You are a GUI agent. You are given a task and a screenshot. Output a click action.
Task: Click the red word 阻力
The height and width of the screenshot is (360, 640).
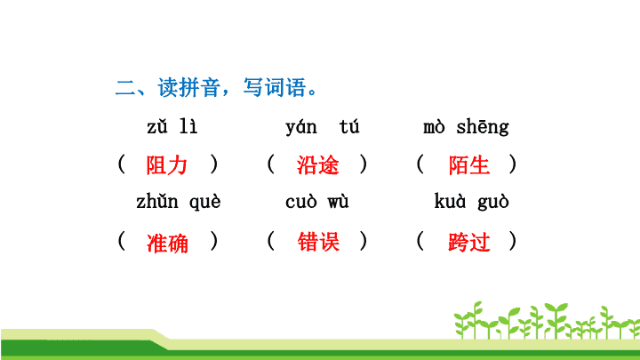point(166,165)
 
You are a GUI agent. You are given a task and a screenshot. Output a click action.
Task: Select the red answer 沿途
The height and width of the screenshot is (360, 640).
point(317,165)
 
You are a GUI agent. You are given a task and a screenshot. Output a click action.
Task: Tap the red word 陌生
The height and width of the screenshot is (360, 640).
point(469,165)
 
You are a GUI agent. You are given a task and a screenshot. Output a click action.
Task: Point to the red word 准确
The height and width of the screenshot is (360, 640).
point(167,243)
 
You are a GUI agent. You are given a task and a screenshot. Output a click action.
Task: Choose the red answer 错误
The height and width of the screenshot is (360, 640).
point(318,242)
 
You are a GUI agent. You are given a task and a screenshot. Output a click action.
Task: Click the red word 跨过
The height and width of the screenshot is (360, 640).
point(469,242)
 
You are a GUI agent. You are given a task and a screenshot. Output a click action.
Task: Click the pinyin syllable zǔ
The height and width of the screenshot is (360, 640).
point(157,126)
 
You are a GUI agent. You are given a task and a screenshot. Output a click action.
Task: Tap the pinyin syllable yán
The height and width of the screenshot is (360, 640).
point(301,127)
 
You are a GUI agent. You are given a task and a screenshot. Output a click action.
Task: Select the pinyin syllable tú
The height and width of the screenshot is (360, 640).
point(349,126)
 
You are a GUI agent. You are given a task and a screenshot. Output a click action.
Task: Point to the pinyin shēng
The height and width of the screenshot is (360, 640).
point(483,127)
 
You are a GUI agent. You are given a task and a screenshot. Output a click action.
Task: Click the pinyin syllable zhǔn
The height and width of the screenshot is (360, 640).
point(157,202)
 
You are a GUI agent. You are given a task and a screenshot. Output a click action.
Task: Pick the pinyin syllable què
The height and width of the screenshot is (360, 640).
point(205,203)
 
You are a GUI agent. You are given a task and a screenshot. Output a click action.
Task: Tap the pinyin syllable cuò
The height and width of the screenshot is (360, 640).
point(301,202)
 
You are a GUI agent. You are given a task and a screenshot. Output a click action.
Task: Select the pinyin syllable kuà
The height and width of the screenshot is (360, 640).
point(450,201)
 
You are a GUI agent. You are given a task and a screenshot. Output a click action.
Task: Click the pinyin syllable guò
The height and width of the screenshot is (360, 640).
point(493,203)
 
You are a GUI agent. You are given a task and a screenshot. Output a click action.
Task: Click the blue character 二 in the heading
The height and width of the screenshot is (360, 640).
point(125,87)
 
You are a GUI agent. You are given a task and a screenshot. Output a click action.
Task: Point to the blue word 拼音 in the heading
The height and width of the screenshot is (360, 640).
point(200,87)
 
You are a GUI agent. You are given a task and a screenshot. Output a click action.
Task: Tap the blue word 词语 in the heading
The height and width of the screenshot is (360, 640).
point(285,87)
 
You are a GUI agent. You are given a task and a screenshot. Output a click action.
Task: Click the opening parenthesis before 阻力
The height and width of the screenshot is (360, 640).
point(121,164)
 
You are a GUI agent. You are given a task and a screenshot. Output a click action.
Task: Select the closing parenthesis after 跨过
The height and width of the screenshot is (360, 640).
point(513,241)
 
